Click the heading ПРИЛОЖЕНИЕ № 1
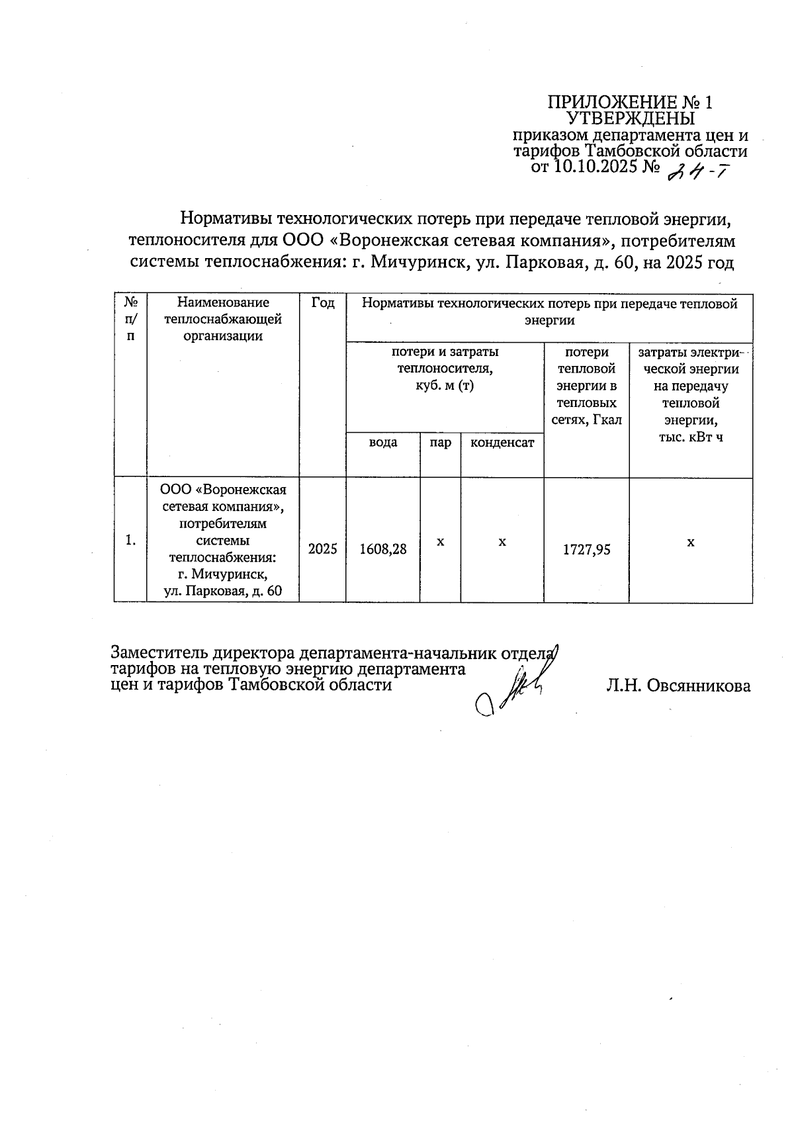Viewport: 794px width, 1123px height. coord(631,103)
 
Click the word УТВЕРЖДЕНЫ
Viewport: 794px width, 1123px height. coord(631,119)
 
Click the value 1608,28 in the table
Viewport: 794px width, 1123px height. coord(382,549)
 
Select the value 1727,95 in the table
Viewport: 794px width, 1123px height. coord(586,549)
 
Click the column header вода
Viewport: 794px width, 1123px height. coord(382,443)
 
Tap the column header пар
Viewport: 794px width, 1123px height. coord(440,443)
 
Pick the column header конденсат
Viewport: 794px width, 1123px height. coord(502,443)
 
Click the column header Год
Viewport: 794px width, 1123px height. coord(322,303)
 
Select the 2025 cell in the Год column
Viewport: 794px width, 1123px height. coord(322,549)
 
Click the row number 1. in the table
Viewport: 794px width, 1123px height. coord(130,541)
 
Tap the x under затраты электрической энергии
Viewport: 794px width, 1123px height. coord(690,542)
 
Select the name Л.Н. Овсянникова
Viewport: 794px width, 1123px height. coord(678,686)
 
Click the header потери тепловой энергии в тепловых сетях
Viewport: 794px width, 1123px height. coord(586,386)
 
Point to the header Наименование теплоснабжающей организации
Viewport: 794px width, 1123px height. coord(223,319)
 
